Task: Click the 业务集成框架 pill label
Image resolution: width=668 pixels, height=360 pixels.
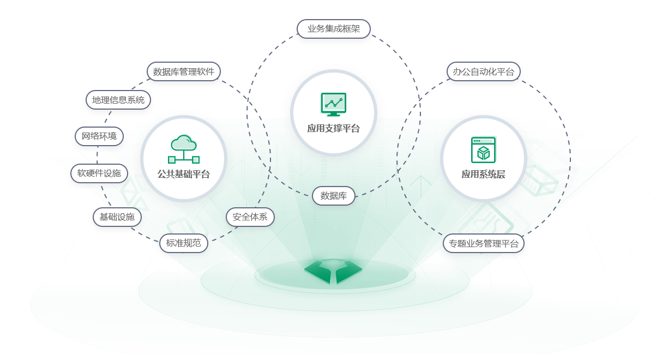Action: (x=333, y=29)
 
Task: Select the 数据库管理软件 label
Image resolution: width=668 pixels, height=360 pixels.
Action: (x=183, y=71)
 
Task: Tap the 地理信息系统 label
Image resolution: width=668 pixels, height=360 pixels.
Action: (x=118, y=100)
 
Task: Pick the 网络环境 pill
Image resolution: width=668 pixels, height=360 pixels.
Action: (x=99, y=136)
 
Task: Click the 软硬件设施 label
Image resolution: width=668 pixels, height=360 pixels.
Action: (x=99, y=173)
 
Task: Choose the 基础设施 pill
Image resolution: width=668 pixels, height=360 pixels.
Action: (x=117, y=217)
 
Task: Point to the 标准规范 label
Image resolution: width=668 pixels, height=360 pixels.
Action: (x=183, y=243)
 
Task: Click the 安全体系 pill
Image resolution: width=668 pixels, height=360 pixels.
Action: (x=250, y=217)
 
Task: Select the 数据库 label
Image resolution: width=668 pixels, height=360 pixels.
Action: (x=333, y=196)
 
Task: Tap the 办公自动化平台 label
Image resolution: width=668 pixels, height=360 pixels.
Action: (x=483, y=71)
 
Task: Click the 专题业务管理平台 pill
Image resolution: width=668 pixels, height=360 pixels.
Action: (x=483, y=243)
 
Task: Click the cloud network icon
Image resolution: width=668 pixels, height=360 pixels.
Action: (x=184, y=149)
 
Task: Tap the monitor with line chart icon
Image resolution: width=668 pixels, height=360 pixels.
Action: (x=333, y=104)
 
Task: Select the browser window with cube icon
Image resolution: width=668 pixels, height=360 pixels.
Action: (x=483, y=149)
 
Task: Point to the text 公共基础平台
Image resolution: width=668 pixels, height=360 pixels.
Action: (x=184, y=175)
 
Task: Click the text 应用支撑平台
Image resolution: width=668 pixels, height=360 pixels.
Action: (x=333, y=129)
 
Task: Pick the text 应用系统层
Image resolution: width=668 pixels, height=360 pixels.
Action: (x=483, y=175)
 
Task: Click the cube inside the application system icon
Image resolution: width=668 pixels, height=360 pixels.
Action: (x=483, y=153)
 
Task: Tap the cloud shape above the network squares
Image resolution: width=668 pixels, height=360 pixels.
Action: (x=184, y=143)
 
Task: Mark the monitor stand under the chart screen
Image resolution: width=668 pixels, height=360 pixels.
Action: (x=333, y=114)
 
